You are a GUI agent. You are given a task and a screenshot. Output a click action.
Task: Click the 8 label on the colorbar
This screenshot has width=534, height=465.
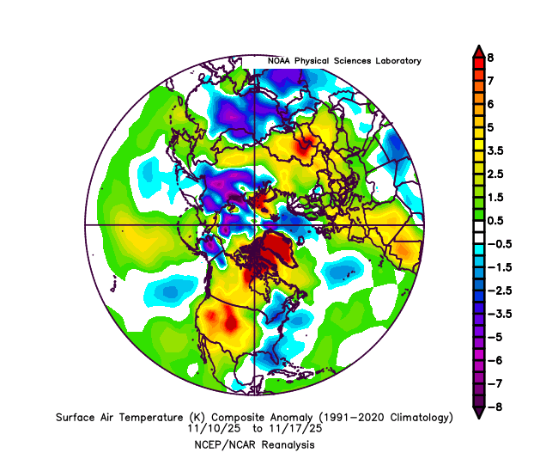click(x=490, y=57)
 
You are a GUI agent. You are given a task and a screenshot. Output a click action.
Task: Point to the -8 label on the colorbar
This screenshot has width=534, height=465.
click(x=493, y=406)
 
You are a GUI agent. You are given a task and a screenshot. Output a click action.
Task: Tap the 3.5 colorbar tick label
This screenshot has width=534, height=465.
click(x=496, y=150)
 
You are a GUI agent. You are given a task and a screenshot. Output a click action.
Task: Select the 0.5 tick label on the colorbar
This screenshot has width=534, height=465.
click(x=496, y=220)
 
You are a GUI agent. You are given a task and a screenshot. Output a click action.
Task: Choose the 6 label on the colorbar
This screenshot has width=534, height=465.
click(x=490, y=103)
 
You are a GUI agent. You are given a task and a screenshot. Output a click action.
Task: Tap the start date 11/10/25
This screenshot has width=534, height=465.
click(x=210, y=427)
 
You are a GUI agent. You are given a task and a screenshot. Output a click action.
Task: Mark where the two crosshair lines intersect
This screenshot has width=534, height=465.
click(x=256, y=224)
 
